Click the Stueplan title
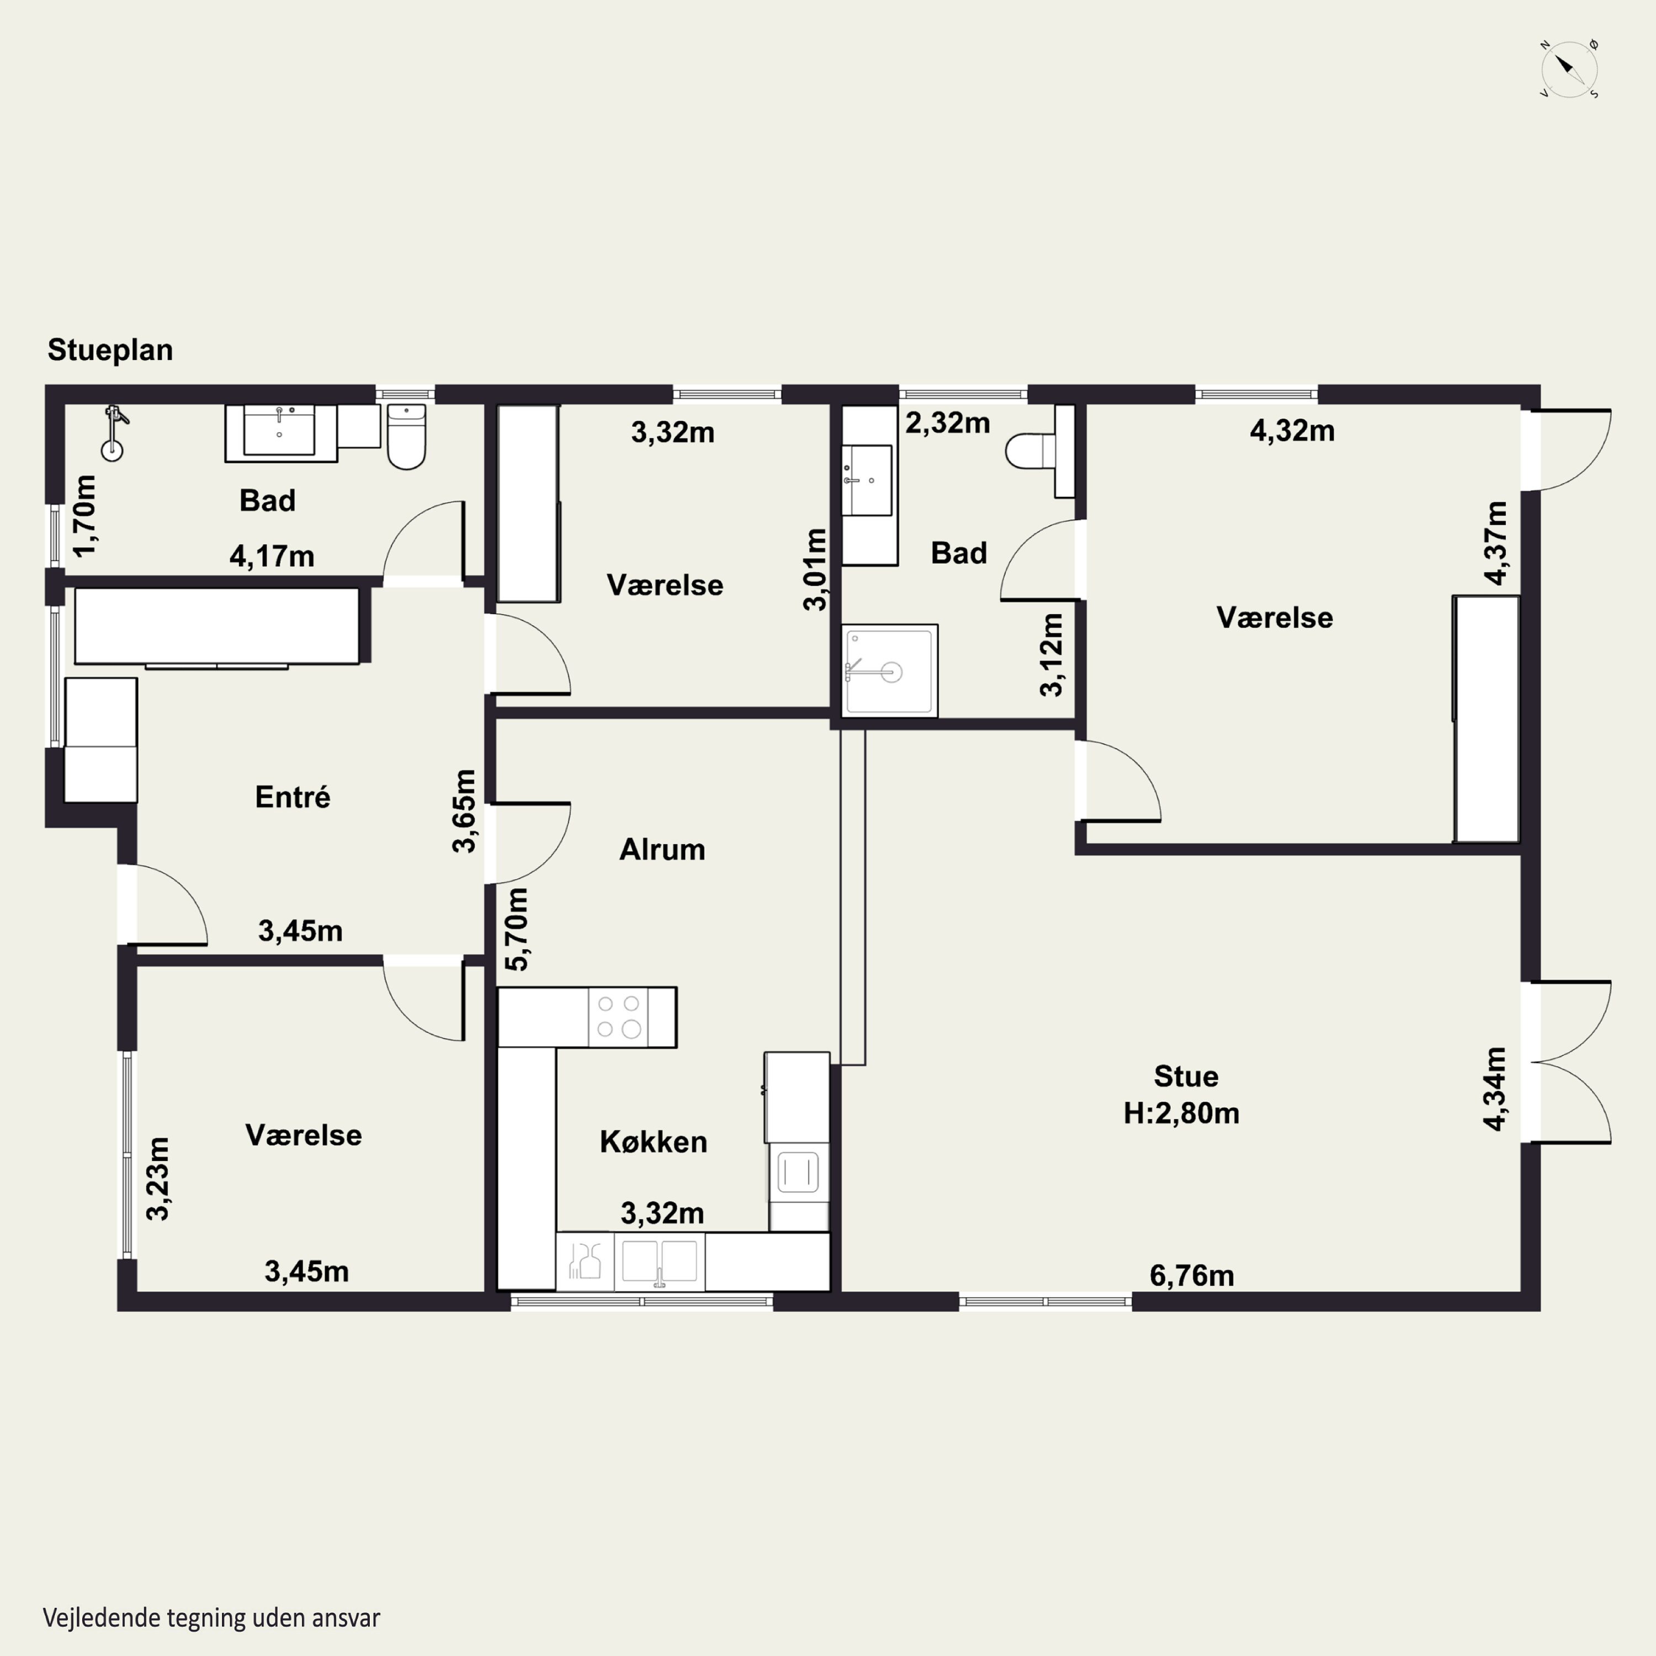110,350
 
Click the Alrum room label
662,850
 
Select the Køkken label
653,1142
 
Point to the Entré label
293,797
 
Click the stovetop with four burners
618,1017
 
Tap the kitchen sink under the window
659,1261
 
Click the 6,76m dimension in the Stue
1191,1276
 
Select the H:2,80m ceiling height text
1181,1113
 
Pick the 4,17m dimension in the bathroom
272,556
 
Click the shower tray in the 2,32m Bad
890,670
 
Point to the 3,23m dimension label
158,1179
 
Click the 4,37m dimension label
1496,543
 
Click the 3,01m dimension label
815,569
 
